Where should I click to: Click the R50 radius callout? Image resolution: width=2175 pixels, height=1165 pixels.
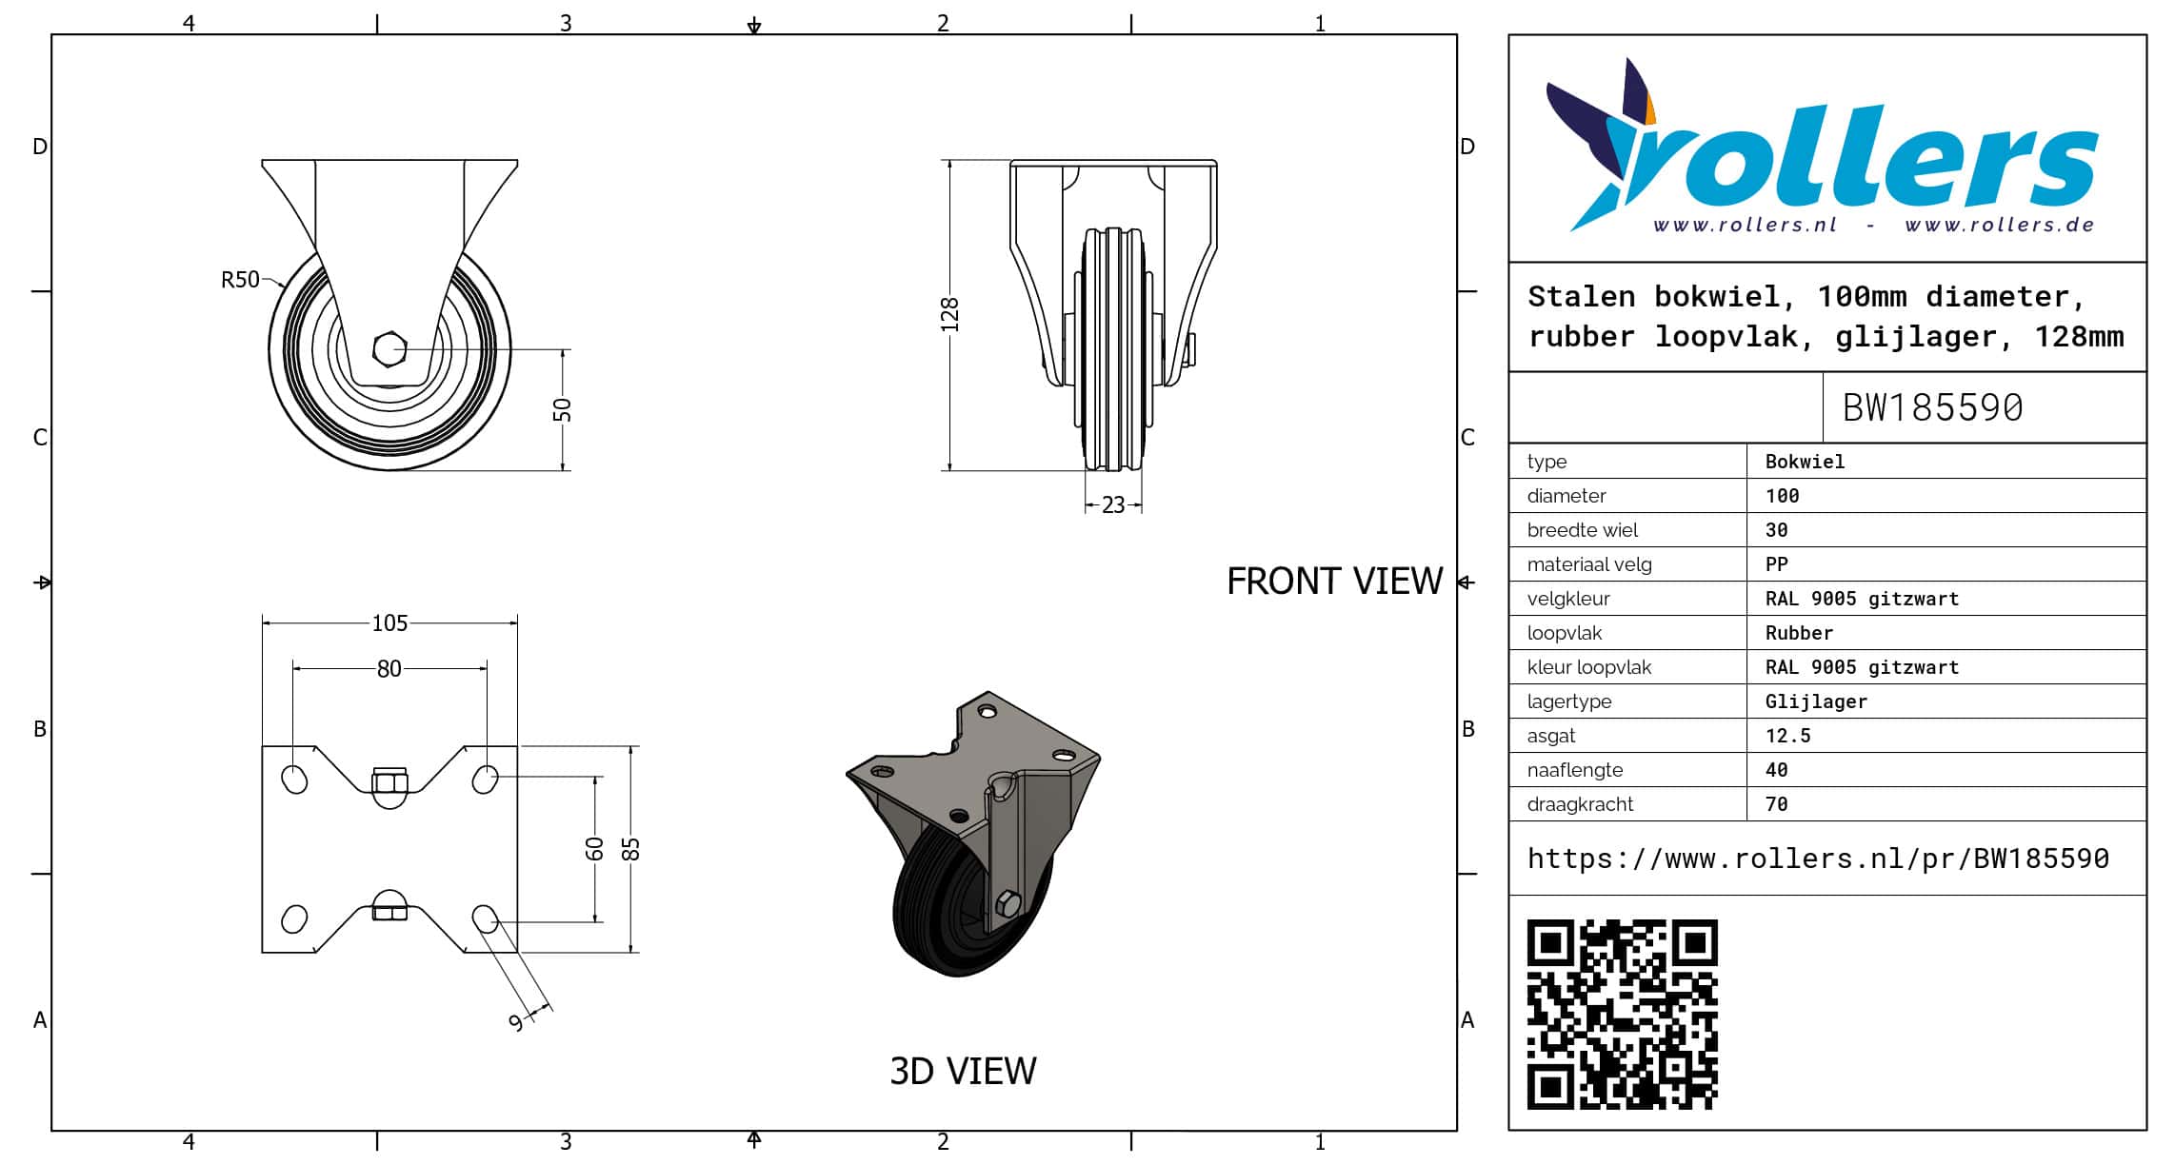240,280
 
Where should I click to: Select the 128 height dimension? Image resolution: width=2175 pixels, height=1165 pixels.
949,315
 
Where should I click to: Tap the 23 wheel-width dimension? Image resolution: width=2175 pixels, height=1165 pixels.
1113,505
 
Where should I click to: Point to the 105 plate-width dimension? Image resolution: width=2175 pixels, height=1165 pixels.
389,623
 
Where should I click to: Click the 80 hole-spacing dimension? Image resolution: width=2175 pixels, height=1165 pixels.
389,669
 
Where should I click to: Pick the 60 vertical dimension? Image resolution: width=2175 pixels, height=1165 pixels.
594,848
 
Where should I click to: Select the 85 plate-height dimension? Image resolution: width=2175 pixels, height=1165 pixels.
630,848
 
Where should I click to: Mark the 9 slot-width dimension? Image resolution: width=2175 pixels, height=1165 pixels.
517,1022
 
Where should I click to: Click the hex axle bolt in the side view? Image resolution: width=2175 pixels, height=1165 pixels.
389,348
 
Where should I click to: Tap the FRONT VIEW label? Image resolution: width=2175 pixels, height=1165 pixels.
1334,582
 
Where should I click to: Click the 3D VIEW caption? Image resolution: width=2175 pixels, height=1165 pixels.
963,1072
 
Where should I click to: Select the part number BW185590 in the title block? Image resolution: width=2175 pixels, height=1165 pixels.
1932,408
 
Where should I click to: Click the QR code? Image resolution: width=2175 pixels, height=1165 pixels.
1623,1015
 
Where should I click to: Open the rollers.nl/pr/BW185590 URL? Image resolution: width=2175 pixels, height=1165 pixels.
1818,859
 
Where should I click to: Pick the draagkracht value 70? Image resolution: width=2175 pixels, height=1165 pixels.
1776,804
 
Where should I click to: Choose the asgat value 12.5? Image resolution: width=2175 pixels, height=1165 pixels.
1787,736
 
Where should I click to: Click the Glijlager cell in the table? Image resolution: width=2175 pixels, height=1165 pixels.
1816,701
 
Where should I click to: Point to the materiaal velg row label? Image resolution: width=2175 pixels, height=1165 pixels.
1589,564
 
